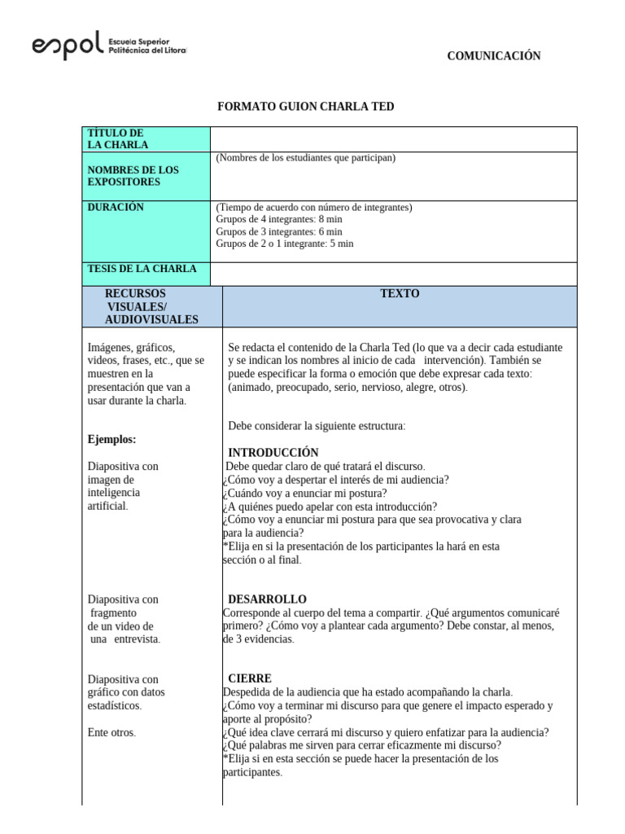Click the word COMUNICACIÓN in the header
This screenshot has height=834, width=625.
(493, 56)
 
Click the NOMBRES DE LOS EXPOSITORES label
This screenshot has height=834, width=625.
(133, 176)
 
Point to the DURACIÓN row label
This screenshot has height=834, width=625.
(116, 208)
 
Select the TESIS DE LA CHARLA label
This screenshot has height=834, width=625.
(142, 269)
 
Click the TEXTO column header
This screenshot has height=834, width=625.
(400, 294)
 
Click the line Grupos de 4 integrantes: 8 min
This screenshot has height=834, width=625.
(279, 220)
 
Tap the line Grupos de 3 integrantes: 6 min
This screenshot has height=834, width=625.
(279, 231)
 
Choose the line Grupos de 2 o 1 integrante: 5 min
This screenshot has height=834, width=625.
(285, 244)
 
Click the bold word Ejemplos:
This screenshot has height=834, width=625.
(111, 440)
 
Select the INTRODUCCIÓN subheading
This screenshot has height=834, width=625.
(273, 453)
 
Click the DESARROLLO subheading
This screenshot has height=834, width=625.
(267, 599)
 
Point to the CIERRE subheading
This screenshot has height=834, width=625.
(250, 678)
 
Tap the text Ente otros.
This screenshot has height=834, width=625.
(111, 732)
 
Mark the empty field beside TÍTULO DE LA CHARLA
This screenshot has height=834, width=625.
(394, 138)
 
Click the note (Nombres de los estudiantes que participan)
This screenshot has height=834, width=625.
(306, 158)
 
